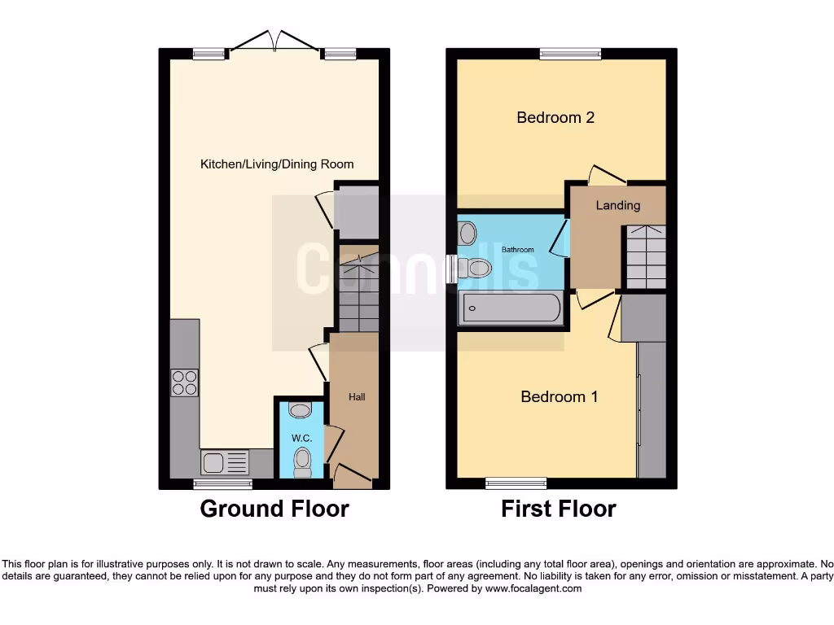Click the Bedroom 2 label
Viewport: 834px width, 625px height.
[555, 117]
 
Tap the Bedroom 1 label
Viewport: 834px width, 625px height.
[559, 396]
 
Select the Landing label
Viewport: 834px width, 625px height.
[617, 205]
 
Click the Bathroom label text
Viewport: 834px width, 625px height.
[517, 249]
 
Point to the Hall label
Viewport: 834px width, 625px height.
[357, 397]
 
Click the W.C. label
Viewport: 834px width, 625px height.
[302, 438]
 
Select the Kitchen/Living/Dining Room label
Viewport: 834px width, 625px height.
[277, 164]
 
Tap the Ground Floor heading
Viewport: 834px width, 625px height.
[274, 509]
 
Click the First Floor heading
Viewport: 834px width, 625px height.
[558, 509]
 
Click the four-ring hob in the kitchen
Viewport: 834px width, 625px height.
[185, 382]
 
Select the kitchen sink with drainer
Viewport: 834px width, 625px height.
[226, 463]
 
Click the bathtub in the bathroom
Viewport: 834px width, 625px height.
[511, 308]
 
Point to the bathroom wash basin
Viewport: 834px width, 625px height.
[467, 234]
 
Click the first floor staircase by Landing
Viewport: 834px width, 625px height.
[644, 257]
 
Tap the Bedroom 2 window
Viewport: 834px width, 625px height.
[569, 54]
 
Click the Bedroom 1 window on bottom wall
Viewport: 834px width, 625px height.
[516, 483]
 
